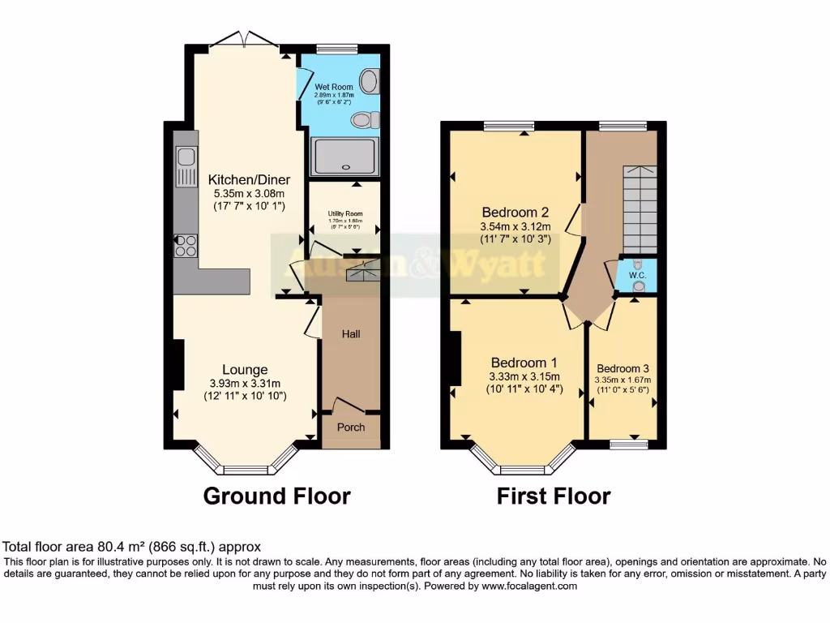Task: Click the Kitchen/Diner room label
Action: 249,179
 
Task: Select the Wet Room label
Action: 332,86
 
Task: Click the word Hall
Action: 350,333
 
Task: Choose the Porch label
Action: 351,428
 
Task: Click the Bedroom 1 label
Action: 517,363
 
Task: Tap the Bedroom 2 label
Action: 516,213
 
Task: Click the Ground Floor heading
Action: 276,496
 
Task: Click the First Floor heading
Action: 554,496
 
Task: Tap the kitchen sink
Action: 185,166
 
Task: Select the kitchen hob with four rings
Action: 185,245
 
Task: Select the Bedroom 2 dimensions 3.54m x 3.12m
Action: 516,226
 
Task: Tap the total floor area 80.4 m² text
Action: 132,548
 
